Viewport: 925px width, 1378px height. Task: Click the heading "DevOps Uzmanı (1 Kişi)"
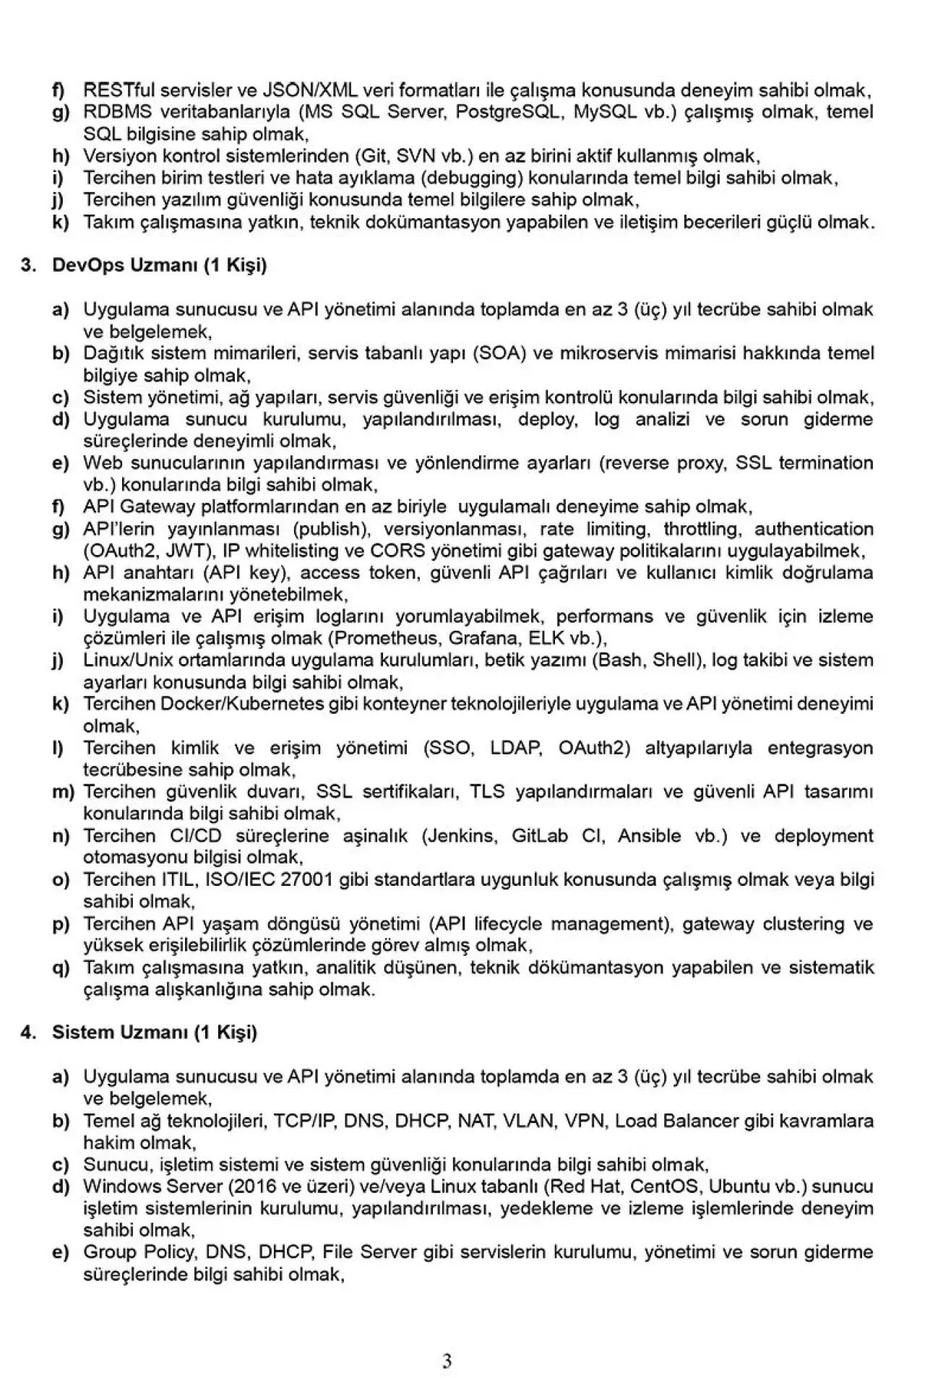(159, 265)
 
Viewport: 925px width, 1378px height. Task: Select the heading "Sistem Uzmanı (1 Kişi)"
(154, 1032)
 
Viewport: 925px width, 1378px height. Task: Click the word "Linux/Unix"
(119, 660)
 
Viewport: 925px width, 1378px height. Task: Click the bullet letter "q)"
(61, 968)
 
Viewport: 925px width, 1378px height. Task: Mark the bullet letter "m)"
(64, 792)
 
